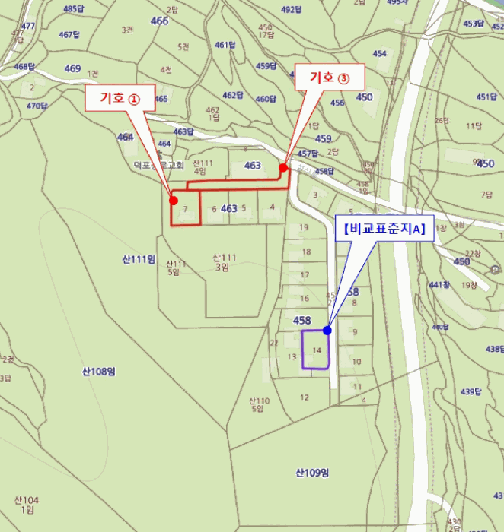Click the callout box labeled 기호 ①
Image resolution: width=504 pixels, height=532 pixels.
(x=123, y=98)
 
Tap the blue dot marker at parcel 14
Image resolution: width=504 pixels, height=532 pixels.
(x=327, y=331)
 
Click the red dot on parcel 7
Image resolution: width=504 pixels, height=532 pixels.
(x=174, y=201)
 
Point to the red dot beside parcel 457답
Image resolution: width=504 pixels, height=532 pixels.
(x=283, y=167)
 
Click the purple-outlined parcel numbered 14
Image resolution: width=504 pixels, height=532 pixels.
(x=316, y=350)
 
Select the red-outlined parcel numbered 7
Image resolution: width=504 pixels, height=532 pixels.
(x=185, y=208)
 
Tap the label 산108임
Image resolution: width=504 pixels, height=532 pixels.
(x=98, y=371)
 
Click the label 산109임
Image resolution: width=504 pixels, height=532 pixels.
(x=311, y=473)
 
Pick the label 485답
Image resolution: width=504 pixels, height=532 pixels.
(x=74, y=8)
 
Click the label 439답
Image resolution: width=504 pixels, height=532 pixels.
(x=471, y=392)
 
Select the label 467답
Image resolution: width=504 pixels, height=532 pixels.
(x=69, y=34)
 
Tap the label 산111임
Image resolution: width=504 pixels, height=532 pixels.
(x=139, y=259)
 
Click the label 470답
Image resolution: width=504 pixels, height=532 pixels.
(x=37, y=106)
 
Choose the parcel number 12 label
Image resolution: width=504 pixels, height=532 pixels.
(x=305, y=397)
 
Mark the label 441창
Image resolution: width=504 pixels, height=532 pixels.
(x=439, y=285)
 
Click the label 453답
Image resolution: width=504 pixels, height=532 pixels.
(x=473, y=24)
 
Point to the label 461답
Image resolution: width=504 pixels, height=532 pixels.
(x=226, y=45)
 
